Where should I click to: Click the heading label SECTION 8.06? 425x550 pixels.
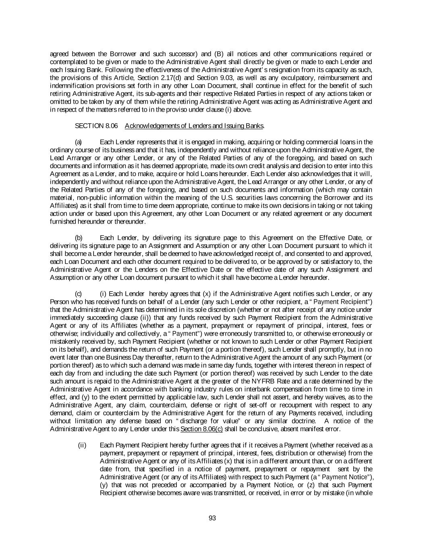(96, 126)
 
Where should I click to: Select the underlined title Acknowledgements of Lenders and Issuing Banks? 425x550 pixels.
(194, 126)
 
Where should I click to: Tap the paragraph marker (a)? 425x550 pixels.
(79, 142)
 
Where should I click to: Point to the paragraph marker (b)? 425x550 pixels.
(79, 238)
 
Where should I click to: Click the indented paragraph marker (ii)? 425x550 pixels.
(82, 445)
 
